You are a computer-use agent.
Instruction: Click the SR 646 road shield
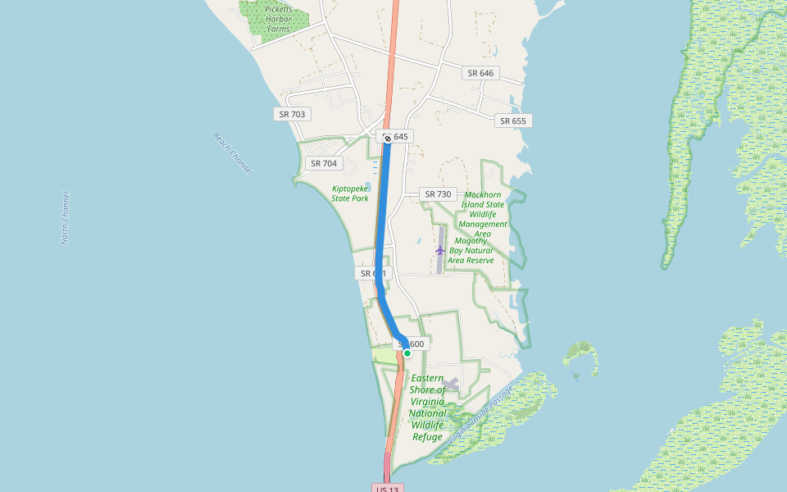480,73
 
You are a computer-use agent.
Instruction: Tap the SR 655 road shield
512,121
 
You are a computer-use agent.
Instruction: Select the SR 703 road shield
292,114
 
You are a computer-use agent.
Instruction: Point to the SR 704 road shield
324,163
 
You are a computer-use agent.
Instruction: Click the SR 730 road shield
438,194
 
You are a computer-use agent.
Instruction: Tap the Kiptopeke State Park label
350,193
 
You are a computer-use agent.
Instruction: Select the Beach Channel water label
233,153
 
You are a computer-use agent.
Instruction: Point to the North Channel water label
66,218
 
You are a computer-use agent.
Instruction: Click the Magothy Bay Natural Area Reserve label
471,250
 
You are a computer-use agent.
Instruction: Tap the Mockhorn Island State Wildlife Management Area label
483,214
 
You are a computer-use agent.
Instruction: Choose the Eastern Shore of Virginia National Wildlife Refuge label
428,408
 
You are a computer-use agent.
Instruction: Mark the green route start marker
407,353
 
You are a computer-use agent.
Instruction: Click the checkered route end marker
387,138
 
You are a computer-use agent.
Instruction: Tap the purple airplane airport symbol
440,249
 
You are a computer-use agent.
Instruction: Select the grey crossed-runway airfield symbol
450,383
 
